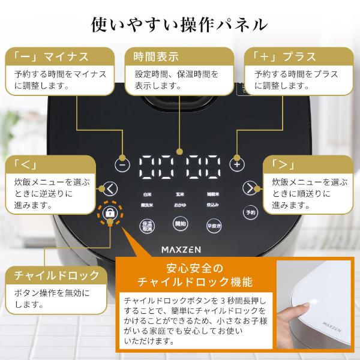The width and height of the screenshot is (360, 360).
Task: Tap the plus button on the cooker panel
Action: click(x=238, y=163)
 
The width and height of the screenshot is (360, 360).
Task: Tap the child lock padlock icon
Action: click(x=110, y=214)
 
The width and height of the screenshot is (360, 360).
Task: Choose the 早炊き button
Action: click(x=212, y=226)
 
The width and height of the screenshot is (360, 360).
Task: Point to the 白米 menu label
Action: click(x=147, y=195)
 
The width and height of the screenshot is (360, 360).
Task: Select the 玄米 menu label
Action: click(x=179, y=195)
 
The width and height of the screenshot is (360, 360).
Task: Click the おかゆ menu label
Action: click(x=179, y=205)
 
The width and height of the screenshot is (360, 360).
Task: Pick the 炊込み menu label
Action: click(x=212, y=205)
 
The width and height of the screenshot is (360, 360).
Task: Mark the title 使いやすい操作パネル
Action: click(x=179, y=24)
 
